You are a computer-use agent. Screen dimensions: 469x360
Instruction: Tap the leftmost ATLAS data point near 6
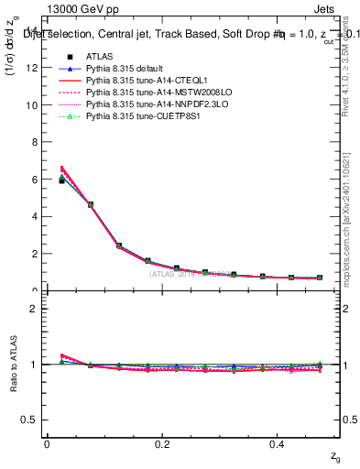pyautogui.click(x=61, y=180)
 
